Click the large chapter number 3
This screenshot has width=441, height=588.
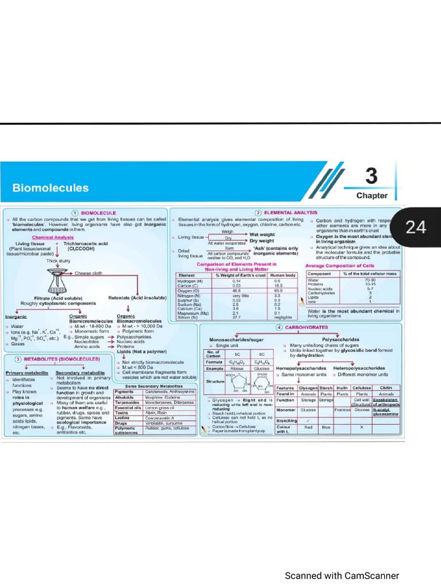(372, 175)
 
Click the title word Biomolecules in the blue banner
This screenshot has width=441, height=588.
(51, 188)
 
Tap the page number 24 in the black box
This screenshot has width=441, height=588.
(416, 227)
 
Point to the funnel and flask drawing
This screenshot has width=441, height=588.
(57, 281)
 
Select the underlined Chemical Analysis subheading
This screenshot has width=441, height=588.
(52, 237)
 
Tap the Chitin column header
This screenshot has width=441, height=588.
(386, 388)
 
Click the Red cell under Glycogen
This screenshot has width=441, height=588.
(308, 427)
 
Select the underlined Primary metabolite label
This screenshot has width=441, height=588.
(27, 373)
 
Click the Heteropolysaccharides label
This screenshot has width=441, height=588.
(359, 367)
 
